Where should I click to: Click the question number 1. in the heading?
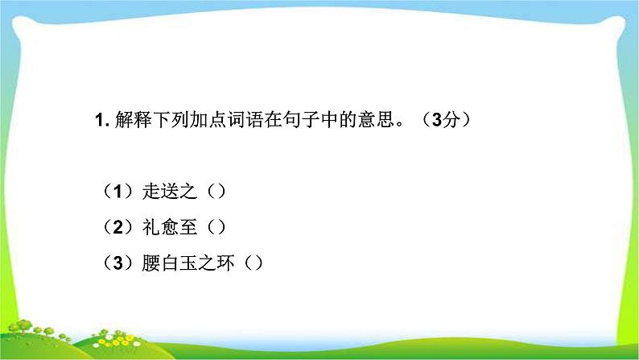(101, 121)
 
